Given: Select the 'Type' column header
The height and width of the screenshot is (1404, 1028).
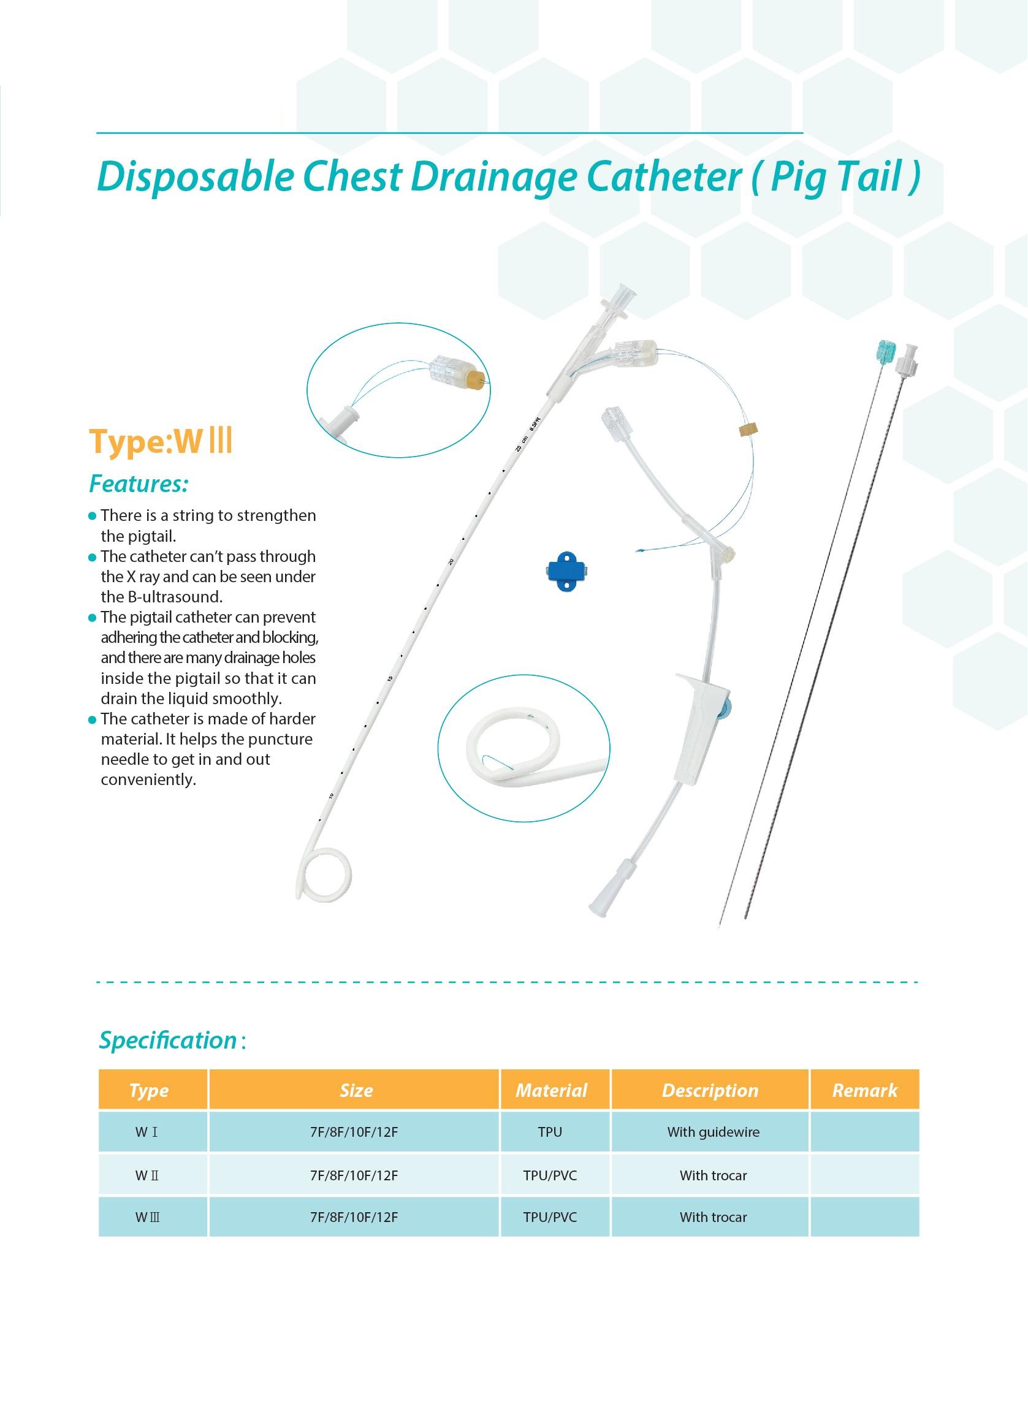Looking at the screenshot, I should pyautogui.click(x=149, y=1090).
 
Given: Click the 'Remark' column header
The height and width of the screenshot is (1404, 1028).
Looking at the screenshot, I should pyautogui.click(x=864, y=1090).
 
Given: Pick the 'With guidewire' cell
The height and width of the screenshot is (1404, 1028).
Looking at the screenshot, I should pyautogui.click(x=713, y=1132).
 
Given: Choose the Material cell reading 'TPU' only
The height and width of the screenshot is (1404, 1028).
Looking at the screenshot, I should pyautogui.click(x=550, y=1132).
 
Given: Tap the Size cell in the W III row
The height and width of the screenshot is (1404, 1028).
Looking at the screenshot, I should pyautogui.click(x=354, y=1217).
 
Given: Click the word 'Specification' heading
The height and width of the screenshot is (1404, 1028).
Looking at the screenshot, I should pyautogui.click(x=168, y=1041).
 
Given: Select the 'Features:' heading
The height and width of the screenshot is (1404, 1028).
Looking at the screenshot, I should pyautogui.click(x=139, y=484).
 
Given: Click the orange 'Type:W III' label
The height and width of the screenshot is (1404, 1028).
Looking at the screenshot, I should pyautogui.click(x=161, y=442).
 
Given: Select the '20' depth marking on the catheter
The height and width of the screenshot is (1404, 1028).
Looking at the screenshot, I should pyautogui.click(x=451, y=562).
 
